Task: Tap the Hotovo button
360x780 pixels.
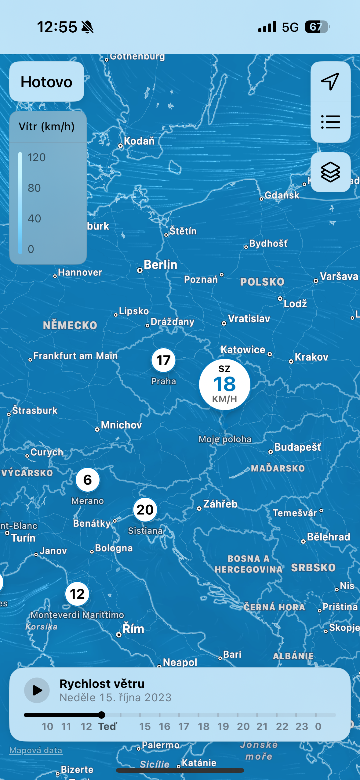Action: (x=46, y=82)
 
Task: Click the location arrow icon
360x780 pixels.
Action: (x=330, y=81)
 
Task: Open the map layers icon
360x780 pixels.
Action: (x=330, y=172)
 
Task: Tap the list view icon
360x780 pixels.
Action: (x=330, y=122)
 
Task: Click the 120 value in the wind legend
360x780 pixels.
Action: (x=36, y=157)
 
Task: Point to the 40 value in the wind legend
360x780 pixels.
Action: (x=34, y=218)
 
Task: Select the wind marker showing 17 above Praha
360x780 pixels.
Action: (x=163, y=360)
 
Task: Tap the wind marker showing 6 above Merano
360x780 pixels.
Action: (x=88, y=480)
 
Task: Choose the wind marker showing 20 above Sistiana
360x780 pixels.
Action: (x=145, y=510)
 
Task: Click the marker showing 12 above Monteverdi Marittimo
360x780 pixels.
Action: (x=77, y=594)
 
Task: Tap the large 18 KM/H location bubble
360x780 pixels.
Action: (x=224, y=384)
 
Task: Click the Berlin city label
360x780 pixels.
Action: (x=160, y=265)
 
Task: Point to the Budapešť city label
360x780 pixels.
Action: (x=297, y=447)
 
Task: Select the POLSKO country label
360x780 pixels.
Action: (x=262, y=282)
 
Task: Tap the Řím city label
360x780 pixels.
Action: (x=133, y=629)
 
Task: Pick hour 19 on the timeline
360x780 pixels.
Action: (x=223, y=726)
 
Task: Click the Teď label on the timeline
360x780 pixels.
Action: (x=107, y=726)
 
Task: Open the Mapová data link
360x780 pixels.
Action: (x=36, y=750)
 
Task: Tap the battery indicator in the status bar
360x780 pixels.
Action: (x=317, y=27)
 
